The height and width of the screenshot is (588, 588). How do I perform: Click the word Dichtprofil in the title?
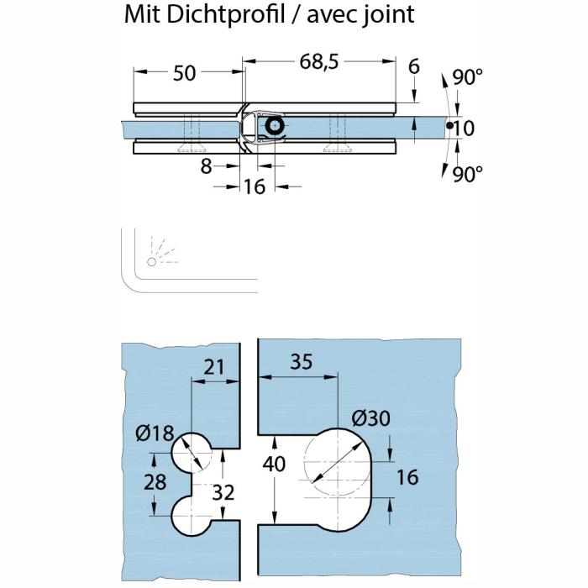(225, 15)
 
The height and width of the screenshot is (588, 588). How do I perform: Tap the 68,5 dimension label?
(318, 61)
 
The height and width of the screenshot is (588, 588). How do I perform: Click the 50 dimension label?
(184, 73)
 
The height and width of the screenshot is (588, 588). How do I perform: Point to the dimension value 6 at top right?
(413, 66)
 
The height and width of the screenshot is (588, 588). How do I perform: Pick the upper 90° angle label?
(467, 77)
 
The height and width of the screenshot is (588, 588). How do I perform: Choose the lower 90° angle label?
(467, 174)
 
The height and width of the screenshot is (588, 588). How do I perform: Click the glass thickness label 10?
(464, 129)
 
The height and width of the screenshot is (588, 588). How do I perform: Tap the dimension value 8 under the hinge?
(207, 166)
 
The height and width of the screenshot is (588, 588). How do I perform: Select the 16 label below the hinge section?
(255, 186)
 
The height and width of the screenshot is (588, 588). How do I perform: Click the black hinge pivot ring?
(275, 126)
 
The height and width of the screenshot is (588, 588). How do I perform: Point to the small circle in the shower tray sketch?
(151, 262)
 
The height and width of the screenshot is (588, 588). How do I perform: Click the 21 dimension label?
(213, 367)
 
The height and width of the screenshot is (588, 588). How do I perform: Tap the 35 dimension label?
(301, 362)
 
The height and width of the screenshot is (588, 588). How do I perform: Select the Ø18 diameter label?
(155, 433)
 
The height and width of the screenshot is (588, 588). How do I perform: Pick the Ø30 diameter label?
(371, 417)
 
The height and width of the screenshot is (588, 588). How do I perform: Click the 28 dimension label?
(155, 482)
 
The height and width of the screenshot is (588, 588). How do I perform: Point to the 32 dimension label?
(223, 492)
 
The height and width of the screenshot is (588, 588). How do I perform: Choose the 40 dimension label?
(274, 464)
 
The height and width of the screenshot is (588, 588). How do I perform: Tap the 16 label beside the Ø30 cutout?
(407, 477)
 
